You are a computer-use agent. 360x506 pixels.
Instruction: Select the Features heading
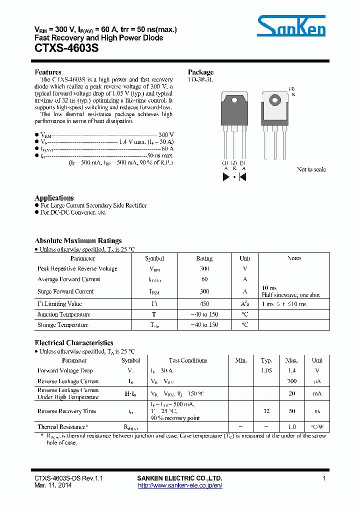pyautogui.click(x=48, y=72)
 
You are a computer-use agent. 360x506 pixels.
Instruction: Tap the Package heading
pyautogui.click(x=200, y=72)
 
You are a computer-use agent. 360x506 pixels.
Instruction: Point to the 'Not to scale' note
pyautogui.click(x=311, y=169)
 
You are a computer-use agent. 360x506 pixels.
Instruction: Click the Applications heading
pyautogui.click(x=54, y=198)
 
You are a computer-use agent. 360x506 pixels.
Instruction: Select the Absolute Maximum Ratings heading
pyautogui.click(x=78, y=240)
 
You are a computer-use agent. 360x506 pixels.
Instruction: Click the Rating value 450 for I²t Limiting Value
pyautogui.click(x=204, y=304)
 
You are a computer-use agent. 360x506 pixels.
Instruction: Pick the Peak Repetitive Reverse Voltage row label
pyautogui.click(x=77, y=269)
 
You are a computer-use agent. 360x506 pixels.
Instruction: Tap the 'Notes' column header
pyautogui.click(x=294, y=258)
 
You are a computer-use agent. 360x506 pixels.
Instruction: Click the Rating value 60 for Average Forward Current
pyautogui.click(x=204, y=279)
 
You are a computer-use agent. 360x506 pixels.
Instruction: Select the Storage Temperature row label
pyautogui.click(x=63, y=325)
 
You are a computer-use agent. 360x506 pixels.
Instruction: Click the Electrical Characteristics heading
pyautogui.click(x=73, y=343)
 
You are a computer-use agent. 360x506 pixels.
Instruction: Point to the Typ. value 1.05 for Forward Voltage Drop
pyautogui.click(x=266, y=371)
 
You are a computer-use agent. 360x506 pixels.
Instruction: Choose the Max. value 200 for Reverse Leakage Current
pyautogui.click(x=292, y=381)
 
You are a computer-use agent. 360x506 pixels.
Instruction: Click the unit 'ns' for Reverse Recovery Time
pyautogui.click(x=317, y=411)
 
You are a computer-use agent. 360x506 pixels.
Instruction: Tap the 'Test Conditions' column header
pyautogui.click(x=188, y=360)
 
